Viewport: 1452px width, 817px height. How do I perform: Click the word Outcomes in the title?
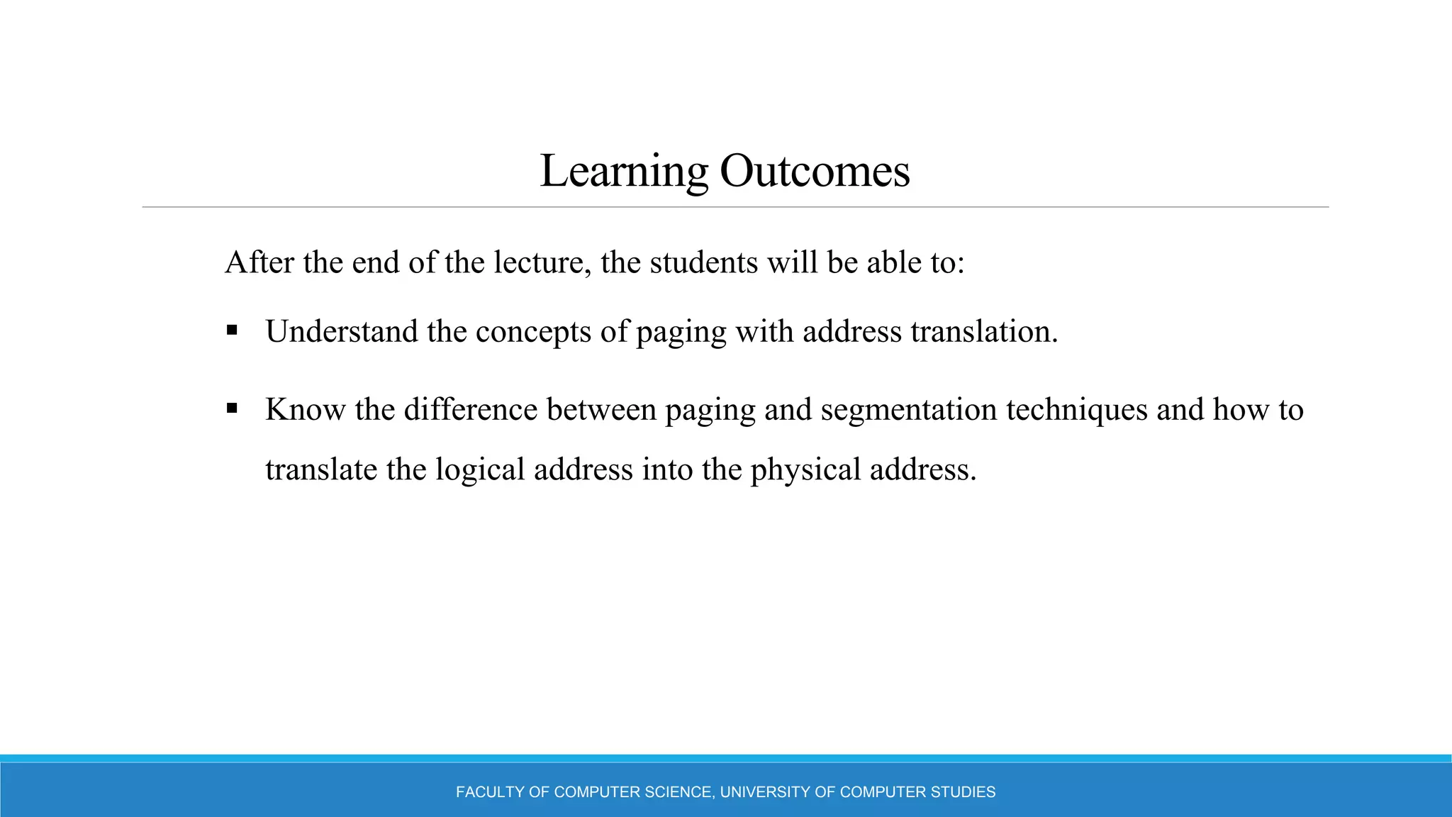[x=815, y=172]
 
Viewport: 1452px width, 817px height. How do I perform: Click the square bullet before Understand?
[x=232, y=330]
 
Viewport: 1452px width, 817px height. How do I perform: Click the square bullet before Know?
[x=232, y=408]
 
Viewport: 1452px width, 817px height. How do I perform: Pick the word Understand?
[x=341, y=331]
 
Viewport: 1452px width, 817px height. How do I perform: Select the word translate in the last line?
[x=321, y=469]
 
